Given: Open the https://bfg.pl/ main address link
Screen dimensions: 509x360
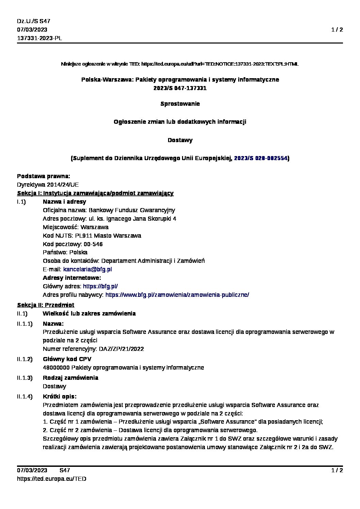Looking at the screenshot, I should [x=100, y=286].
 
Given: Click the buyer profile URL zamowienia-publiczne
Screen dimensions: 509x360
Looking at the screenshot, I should [x=177, y=295].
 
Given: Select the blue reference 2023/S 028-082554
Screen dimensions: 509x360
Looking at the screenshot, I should [x=261, y=158].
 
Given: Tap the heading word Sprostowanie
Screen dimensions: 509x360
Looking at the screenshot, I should [x=180, y=104].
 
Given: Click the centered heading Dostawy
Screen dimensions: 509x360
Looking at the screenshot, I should [x=180, y=140].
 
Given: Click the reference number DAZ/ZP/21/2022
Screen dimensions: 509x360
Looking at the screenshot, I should [x=121, y=349].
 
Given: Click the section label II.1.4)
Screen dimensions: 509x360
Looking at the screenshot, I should [x=25, y=396].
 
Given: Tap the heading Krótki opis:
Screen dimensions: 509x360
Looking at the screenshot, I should [x=60, y=396].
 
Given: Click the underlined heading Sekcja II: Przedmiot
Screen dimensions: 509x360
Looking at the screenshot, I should [x=46, y=305].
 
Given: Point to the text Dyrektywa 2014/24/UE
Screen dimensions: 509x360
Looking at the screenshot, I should [x=48, y=185].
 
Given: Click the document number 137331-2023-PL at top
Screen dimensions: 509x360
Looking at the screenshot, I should [x=39, y=38].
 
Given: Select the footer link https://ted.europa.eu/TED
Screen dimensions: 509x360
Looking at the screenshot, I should [x=51, y=479].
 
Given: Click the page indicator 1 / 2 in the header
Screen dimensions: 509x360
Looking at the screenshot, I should [x=337, y=30].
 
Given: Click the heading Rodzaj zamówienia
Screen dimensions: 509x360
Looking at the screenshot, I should [x=70, y=378].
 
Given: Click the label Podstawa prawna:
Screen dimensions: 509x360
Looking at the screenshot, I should [x=44, y=176].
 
